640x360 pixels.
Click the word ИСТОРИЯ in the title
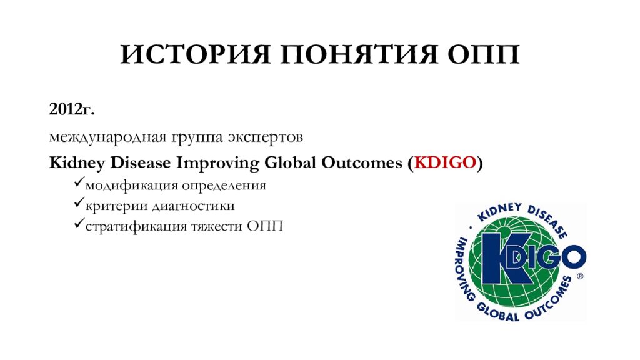click(x=196, y=54)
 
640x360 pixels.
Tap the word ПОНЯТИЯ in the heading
click(x=358, y=54)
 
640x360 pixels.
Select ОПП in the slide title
click(x=483, y=54)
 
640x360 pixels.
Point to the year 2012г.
click(x=72, y=109)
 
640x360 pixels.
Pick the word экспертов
click(x=265, y=137)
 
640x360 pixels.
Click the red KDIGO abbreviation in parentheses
click(x=445, y=162)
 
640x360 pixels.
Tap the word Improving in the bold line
click(x=217, y=163)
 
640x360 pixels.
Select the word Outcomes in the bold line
click(x=362, y=162)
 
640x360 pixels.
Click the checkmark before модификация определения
click(x=79, y=182)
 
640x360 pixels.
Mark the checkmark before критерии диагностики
click(x=79, y=202)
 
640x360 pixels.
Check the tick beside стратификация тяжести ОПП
click(x=79, y=223)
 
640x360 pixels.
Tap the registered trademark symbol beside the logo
click(x=579, y=276)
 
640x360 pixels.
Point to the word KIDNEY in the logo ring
click(x=499, y=212)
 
